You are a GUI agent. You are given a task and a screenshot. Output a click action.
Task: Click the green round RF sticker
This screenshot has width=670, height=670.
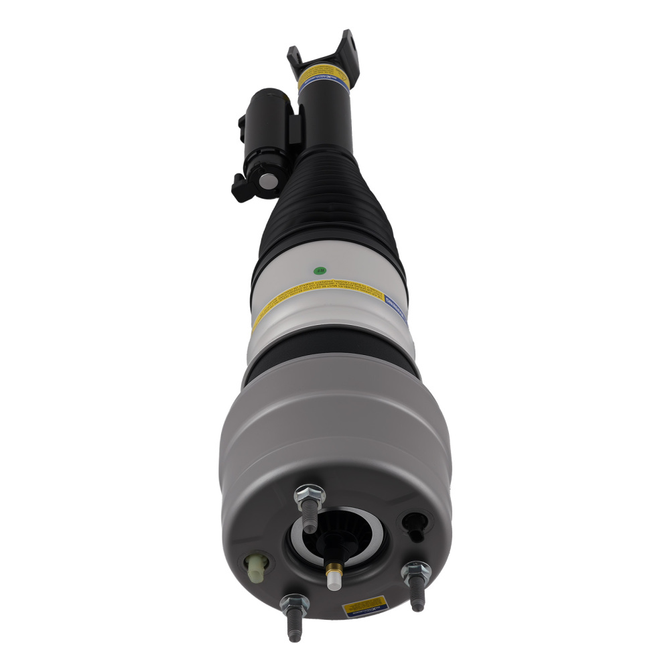click(320, 271)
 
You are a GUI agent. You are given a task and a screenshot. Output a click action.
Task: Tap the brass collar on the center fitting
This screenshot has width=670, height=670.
click(334, 569)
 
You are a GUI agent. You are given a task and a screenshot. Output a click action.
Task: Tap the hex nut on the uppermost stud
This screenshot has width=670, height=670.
click(309, 496)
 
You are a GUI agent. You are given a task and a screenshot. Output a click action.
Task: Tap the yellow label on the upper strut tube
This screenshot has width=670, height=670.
click(324, 70)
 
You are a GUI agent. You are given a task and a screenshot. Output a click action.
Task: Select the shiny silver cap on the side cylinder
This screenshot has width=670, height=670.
click(267, 180)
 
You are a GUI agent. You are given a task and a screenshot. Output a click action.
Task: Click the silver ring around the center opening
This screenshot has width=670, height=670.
click(337, 536)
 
